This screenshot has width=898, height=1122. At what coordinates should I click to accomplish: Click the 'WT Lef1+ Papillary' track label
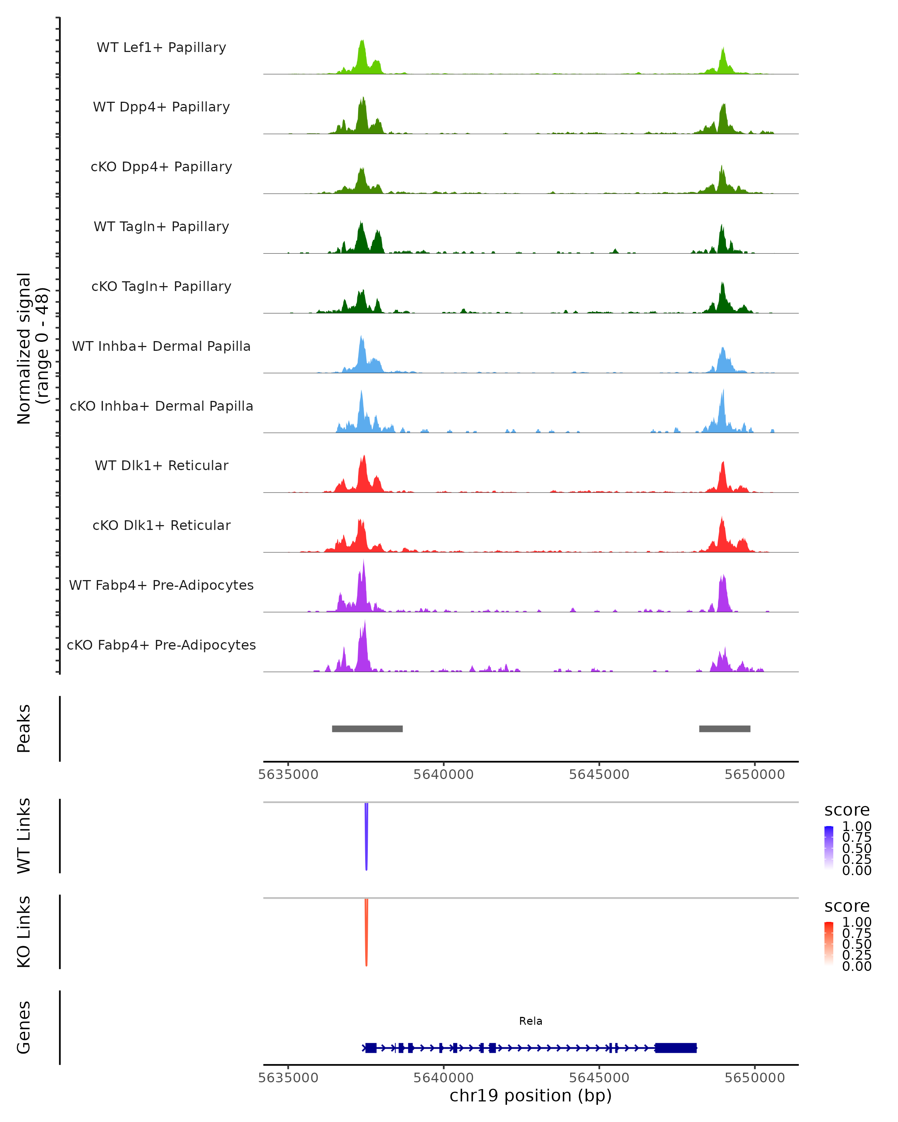click(161, 47)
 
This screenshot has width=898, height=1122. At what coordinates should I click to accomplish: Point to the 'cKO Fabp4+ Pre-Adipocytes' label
click(161, 645)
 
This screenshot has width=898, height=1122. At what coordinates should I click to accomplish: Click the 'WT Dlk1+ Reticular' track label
click(161, 465)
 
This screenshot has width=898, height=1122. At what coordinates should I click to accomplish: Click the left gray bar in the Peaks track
click(367, 729)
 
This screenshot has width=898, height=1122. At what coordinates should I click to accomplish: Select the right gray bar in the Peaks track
click(725, 729)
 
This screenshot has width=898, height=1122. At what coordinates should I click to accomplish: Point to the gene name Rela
click(531, 1021)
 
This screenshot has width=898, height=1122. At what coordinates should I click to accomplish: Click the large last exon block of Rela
click(676, 1048)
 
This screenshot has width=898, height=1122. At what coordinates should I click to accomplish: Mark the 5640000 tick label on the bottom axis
click(443, 1078)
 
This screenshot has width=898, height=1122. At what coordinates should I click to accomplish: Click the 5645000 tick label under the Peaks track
click(599, 775)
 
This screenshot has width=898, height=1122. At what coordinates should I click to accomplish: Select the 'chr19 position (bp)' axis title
click(531, 1096)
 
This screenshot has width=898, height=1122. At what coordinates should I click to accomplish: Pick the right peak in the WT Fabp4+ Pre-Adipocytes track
click(723, 593)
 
